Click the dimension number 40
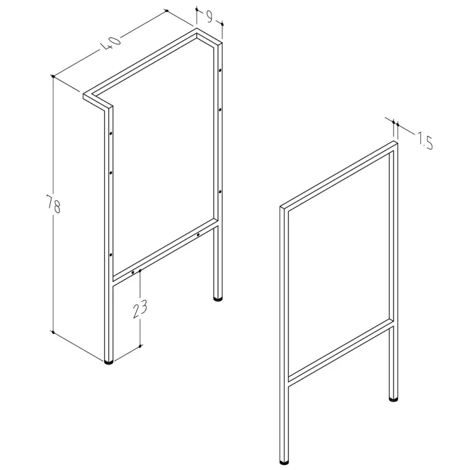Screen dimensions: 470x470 [x=110, y=43]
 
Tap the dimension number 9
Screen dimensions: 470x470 [x=209, y=17]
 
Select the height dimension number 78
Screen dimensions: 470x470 [x=53, y=204]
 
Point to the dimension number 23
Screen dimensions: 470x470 [x=140, y=308]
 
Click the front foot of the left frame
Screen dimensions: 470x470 [x=108, y=362]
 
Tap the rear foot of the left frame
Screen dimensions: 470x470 [x=217, y=298]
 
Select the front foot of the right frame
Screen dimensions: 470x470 [x=284, y=462]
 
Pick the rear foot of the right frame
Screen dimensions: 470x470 [x=394, y=399]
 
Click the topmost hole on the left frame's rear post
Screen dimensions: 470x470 [x=220, y=70]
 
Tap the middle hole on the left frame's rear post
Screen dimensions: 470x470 [x=220, y=110]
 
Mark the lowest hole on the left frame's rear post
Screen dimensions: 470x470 [x=220, y=191]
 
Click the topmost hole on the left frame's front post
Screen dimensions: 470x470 [x=110, y=133]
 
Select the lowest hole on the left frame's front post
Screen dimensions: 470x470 [x=110, y=255]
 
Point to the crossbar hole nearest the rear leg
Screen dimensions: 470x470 [x=198, y=235]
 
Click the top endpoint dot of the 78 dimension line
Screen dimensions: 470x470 [x=53, y=76]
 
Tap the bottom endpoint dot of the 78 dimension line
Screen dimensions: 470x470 [x=53, y=332]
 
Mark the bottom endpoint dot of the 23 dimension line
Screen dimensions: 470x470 [x=140, y=347]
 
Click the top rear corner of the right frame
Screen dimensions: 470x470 [x=394, y=141]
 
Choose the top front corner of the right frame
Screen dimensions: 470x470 [x=281, y=207]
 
